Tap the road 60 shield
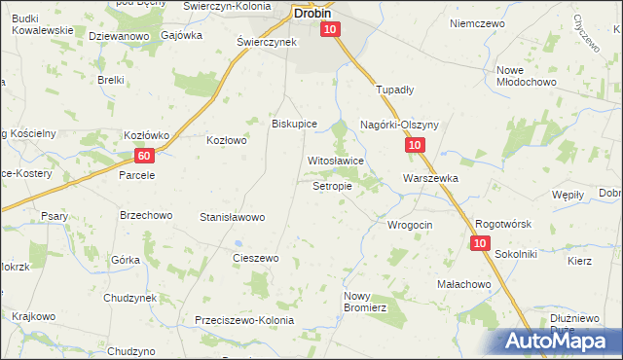point(144,156)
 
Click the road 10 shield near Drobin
point(331,30)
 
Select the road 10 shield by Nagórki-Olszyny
point(415,145)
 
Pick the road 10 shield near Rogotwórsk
point(480,243)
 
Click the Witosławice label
point(335,161)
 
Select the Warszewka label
point(430,179)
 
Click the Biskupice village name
point(294,124)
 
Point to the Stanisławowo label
point(232,217)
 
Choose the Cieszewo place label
point(256,258)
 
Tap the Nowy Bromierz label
point(365,301)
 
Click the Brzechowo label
point(145,215)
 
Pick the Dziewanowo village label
point(118,36)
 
